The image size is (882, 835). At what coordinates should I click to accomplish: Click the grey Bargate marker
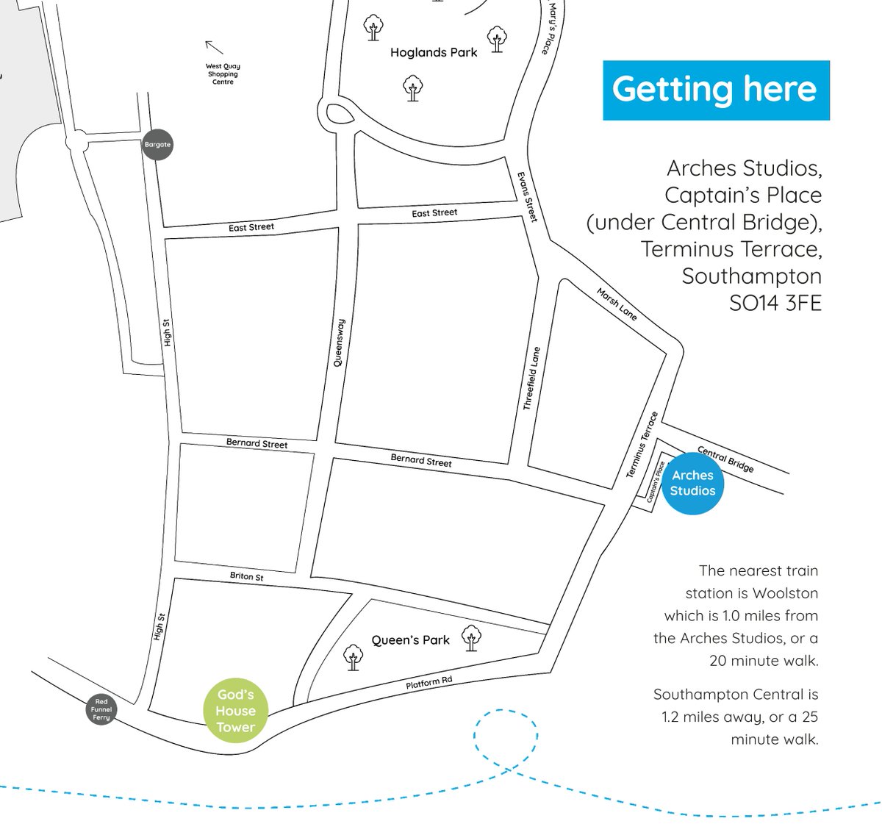tap(157, 145)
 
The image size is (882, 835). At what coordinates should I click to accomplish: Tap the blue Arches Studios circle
tap(692, 483)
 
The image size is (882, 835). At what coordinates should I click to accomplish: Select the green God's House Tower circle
tap(235, 711)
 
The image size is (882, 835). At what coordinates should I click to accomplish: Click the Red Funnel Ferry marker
tap(101, 710)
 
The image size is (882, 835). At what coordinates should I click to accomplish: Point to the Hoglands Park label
tap(434, 53)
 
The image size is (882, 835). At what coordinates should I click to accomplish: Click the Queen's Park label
tap(410, 640)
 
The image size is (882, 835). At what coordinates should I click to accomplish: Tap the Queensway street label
tap(339, 343)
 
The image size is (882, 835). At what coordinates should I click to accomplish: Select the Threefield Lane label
tap(531, 378)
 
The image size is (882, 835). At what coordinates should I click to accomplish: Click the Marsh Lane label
tap(617, 304)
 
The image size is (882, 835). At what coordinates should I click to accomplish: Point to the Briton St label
tap(247, 577)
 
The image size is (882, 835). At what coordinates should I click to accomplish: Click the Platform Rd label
tap(429, 683)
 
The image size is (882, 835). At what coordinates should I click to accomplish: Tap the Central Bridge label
tap(725, 459)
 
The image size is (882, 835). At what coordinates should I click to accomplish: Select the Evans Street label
tap(527, 197)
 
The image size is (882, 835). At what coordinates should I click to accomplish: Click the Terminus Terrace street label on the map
tap(642, 445)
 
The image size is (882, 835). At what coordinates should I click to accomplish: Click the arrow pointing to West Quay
tap(214, 47)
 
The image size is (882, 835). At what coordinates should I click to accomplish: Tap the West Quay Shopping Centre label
tap(223, 74)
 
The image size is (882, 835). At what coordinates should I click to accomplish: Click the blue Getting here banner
tap(716, 90)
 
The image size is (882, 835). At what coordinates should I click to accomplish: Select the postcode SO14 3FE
tap(775, 303)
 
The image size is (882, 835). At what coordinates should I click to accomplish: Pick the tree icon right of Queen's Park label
tap(471, 637)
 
